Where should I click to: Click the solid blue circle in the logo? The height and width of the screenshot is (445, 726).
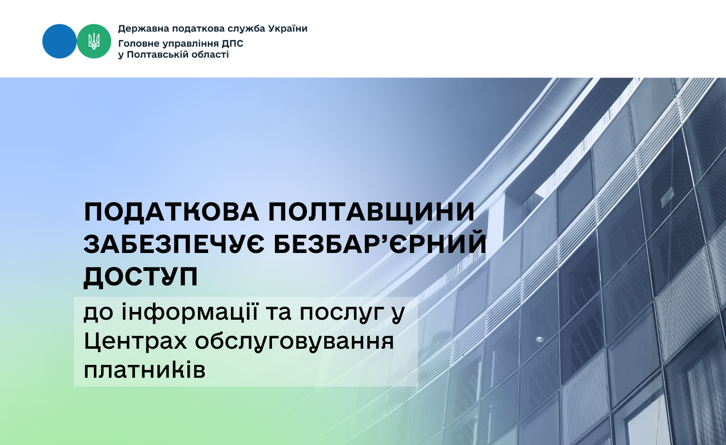[x=60, y=41]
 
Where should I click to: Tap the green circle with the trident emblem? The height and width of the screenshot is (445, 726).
[x=94, y=41]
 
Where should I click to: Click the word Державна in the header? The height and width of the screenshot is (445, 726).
[x=144, y=29]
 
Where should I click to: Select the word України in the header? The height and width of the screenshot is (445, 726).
[x=288, y=29]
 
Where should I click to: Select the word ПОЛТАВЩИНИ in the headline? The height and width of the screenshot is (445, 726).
[x=371, y=212]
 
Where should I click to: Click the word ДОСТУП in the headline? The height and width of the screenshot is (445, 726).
[x=141, y=277]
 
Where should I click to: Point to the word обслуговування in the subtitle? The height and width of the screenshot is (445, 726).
[x=294, y=342]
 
